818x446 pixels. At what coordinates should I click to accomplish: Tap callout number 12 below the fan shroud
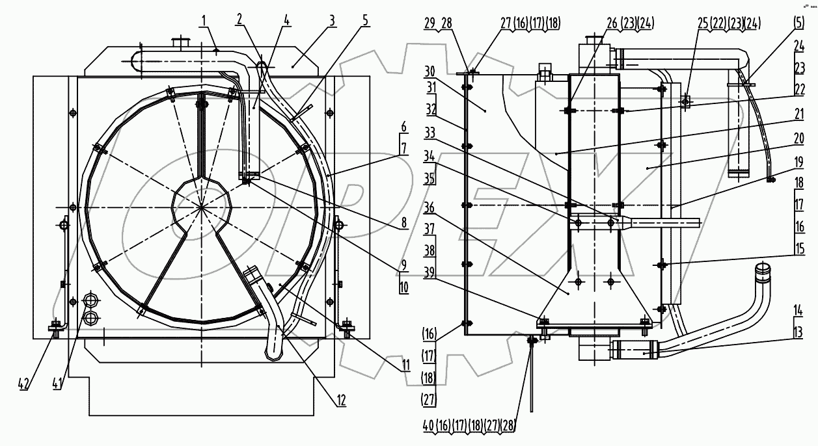[341, 399]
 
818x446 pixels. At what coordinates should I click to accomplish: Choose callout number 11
[405, 365]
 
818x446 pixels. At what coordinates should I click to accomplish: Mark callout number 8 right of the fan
[403, 223]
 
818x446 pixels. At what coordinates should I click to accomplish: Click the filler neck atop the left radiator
[178, 44]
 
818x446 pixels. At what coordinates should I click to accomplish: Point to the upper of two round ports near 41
[91, 301]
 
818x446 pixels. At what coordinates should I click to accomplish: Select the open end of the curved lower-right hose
[762, 267]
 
